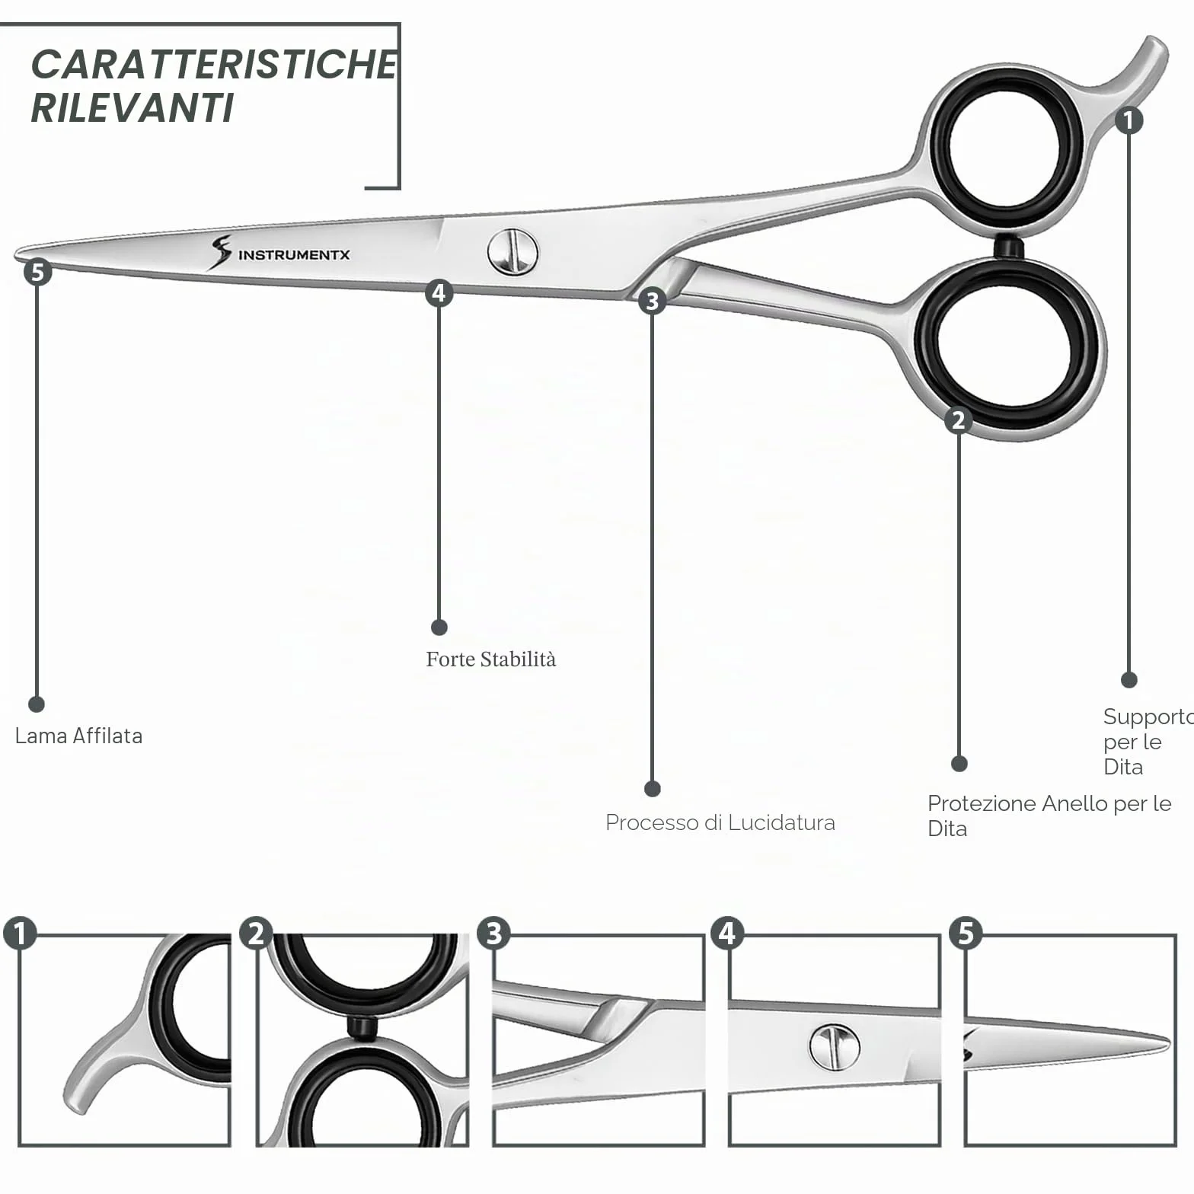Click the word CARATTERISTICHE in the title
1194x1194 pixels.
(x=214, y=64)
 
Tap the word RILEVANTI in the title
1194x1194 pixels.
(x=132, y=107)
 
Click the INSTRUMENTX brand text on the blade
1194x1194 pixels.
(x=294, y=254)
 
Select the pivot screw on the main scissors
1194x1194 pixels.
(x=512, y=252)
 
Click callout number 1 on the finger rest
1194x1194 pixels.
(x=1129, y=120)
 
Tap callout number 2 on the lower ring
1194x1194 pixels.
(x=959, y=420)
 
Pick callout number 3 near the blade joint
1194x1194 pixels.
(x=652, y=301)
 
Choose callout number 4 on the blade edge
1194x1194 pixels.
(x=439, y=292)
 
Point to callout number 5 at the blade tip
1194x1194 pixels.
(x=37, y=272)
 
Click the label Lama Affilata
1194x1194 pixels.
(x=78, y=736)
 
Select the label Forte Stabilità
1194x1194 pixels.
(x=491, y=659)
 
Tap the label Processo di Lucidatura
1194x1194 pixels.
(x=720, y=822)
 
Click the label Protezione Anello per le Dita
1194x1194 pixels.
(x=1049, y=816)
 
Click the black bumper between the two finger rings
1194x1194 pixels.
(x=1008, y=247)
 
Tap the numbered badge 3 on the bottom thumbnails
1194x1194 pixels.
(x=493, y=933)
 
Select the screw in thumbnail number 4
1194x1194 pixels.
(x=835, y=1047)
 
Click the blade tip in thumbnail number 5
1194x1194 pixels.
(x=1167, y=1041)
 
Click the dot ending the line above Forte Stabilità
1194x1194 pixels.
(x=439, y=627)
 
